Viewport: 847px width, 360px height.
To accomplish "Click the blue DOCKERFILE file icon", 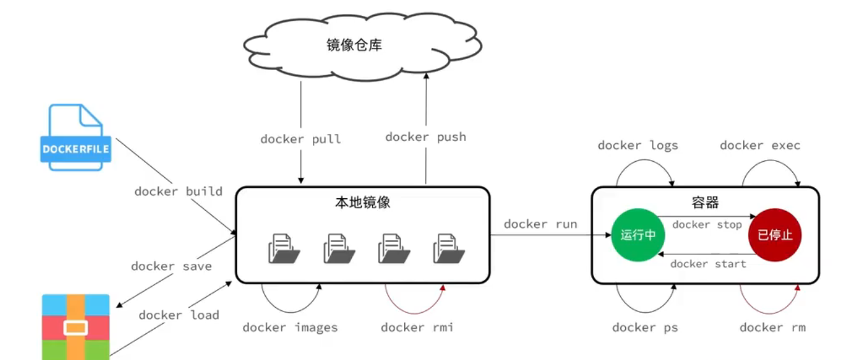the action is [x=76, y=137].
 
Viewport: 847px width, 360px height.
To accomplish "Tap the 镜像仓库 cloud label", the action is [x=354, y=45].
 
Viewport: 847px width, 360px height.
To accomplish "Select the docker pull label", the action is [x=301, y=139].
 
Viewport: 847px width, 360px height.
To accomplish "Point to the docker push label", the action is [x=426, y=137].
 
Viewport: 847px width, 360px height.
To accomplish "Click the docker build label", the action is [x=178, y=191].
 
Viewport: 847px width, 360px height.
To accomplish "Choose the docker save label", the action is [x=171, y=266].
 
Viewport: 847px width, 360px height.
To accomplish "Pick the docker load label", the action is [x=179, y=315].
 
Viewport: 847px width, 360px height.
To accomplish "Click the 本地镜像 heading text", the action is [x=363, y=203].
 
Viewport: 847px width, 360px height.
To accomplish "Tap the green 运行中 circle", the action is [x=638, y=235].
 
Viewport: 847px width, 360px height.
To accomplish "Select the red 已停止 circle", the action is [x=775, y=235].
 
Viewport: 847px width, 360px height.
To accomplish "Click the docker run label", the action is [x=540, y=224].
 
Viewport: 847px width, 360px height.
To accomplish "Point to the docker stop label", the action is [x=707, y=225].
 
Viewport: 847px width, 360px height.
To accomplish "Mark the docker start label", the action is [x=708, y=264].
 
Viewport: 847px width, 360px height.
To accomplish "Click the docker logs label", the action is [x=638, y=145].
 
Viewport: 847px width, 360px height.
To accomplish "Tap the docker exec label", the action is [x=760, y=145].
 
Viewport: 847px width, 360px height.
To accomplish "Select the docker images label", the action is [x=290, y=328].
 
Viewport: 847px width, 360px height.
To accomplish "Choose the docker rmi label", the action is [x=417, y=327].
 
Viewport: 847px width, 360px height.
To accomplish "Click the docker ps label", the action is [x=645, y=328].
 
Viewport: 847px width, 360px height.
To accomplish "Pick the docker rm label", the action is [x=772, y=327].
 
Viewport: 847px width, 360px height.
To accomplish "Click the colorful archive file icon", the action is [x=76, y=327].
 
